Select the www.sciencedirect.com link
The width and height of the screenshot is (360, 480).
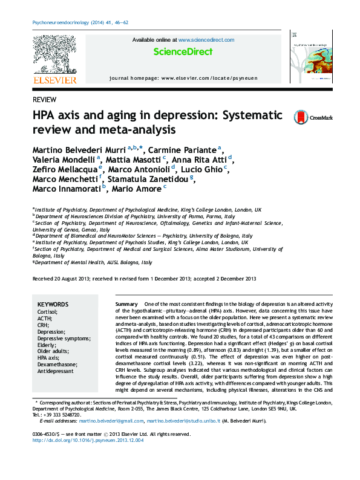(206, 40)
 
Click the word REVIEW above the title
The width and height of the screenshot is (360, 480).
(45, 99)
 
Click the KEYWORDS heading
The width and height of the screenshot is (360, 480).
(53, 305)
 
